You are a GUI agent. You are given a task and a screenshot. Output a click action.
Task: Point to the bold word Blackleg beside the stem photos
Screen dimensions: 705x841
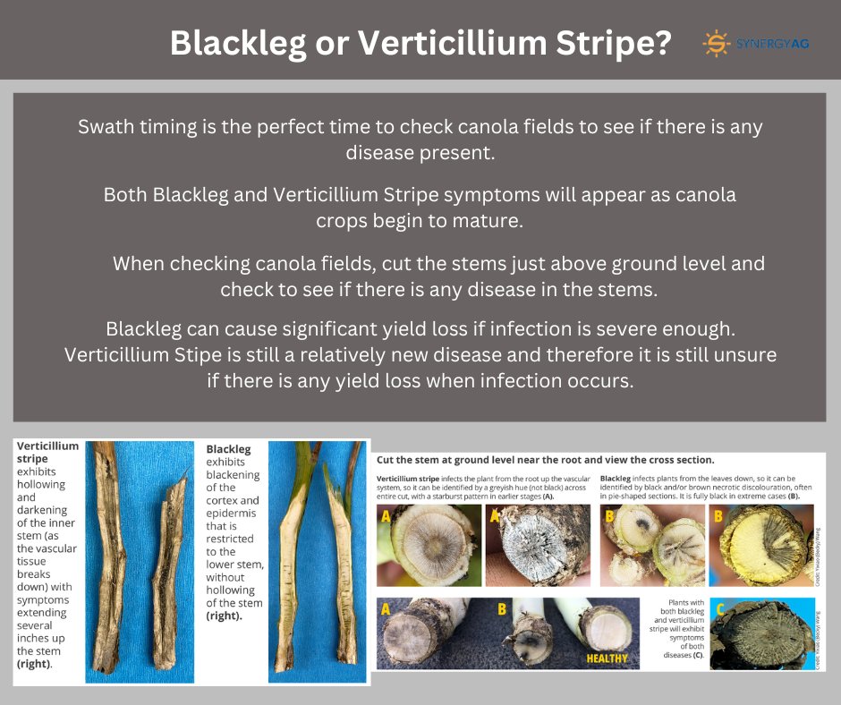(x=228, y=449)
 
